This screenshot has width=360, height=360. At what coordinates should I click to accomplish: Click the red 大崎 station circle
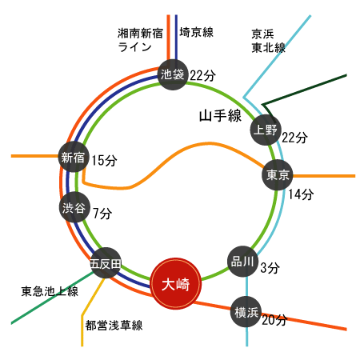coord(176,284)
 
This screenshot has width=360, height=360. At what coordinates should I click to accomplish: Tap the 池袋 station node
coord(173,74)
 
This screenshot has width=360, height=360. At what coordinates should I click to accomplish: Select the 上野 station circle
coord(266,130)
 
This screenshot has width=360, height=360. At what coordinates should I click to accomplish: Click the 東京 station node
coord(278,175)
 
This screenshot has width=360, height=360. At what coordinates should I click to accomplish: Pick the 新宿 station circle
coord(74,157)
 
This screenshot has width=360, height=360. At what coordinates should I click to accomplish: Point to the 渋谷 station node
coord(74,207)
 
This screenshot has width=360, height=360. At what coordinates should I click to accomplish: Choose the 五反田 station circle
coord(106,263)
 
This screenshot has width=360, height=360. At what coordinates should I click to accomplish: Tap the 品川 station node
coord(242,262)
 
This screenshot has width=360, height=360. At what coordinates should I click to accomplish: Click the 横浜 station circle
coord(246,312)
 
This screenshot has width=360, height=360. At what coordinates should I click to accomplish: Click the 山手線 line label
coord(220,116)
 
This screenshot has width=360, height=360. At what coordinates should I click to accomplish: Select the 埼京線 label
coord(196,32)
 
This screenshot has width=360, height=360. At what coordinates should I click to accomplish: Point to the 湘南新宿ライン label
coord(140,40)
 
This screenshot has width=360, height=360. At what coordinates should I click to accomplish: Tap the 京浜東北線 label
coord(268,41)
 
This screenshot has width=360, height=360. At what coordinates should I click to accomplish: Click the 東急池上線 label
coord(50,291)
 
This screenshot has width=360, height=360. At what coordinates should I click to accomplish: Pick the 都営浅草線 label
coord(114,325)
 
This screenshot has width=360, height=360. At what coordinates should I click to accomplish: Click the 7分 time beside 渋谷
coord(102,214)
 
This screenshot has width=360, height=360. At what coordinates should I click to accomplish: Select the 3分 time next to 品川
coord(270,268)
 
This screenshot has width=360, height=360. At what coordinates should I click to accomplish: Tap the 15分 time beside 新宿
coord(104,161)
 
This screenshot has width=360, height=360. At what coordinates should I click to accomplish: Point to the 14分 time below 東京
coord(301,194)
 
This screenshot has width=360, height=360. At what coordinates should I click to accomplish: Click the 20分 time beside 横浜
coord(274,320)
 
